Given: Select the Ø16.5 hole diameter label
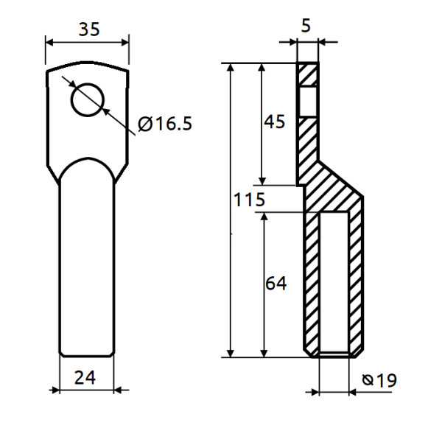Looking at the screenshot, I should [x=165, y=124].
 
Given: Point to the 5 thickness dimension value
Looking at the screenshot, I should [x=306, y=25].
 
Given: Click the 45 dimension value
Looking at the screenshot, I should [x=274, y=122].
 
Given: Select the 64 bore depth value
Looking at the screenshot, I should [x=275, y=282].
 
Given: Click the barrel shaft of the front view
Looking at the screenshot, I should [x=87, y=265].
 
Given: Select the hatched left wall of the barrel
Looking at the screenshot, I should [x=312, y=280].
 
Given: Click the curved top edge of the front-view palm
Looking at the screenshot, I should [x=88, y=63].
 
